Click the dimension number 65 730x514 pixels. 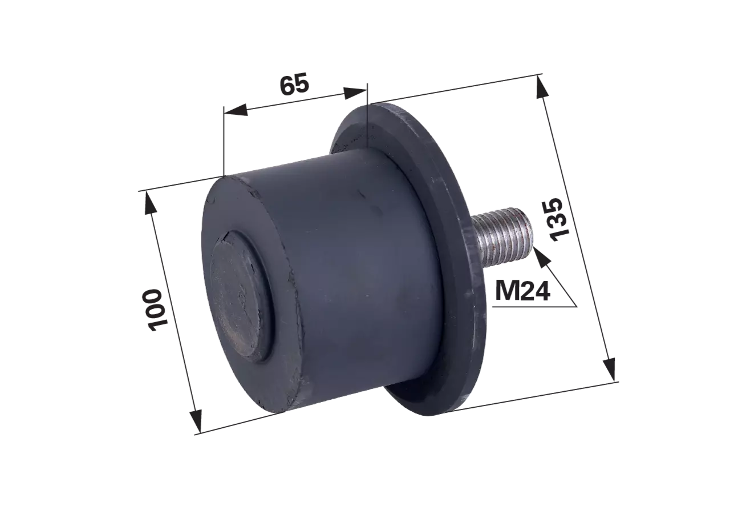pos(294,84)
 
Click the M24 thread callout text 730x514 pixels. pos(522,291)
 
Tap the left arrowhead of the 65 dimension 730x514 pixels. pos(236,110)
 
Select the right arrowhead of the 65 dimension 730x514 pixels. pos(355,93)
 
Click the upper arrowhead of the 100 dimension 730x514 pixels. pos(149,203)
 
